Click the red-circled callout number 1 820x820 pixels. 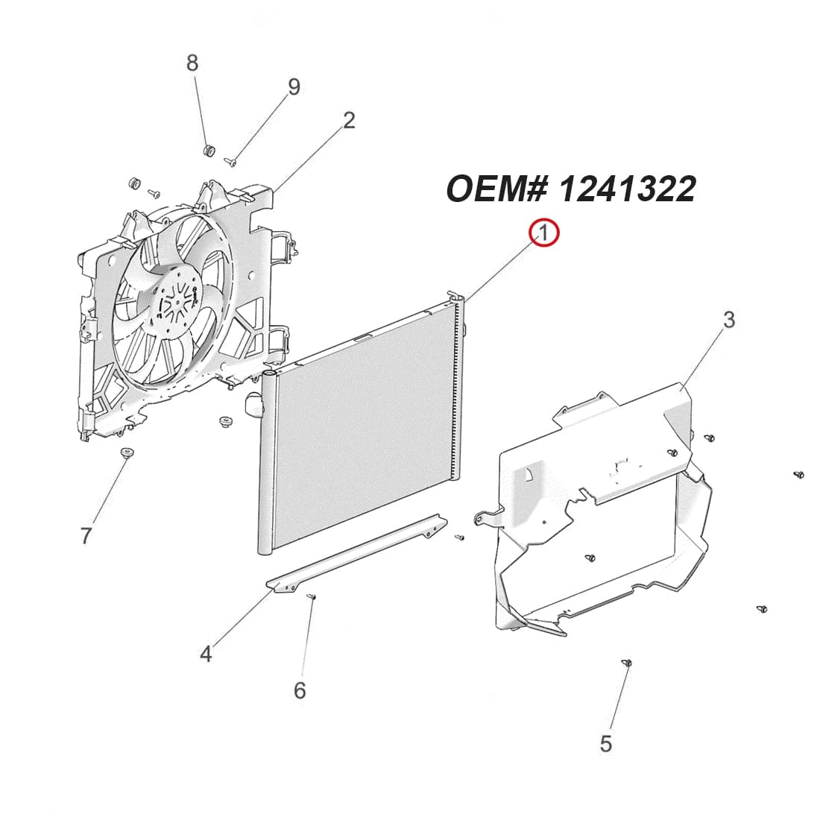click(543, 233)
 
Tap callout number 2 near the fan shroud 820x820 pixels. click(348, 120)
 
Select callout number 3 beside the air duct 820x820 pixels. click(728, 319)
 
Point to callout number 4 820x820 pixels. click(206, 654)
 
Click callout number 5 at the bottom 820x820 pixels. click(605, 743)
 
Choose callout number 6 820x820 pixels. click(299, 690)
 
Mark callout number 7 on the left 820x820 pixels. click(86, 534)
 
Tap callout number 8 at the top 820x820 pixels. click(192, 63)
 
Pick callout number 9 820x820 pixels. click(294, 87)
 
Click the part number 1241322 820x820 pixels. click(627, 189)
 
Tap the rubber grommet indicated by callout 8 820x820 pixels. click(209, 151)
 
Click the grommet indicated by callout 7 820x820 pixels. click(127, 452)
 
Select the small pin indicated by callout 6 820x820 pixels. click(311, 596)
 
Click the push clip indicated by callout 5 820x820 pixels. click(627, 662)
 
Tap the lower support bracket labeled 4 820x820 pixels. click(358, 555)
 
